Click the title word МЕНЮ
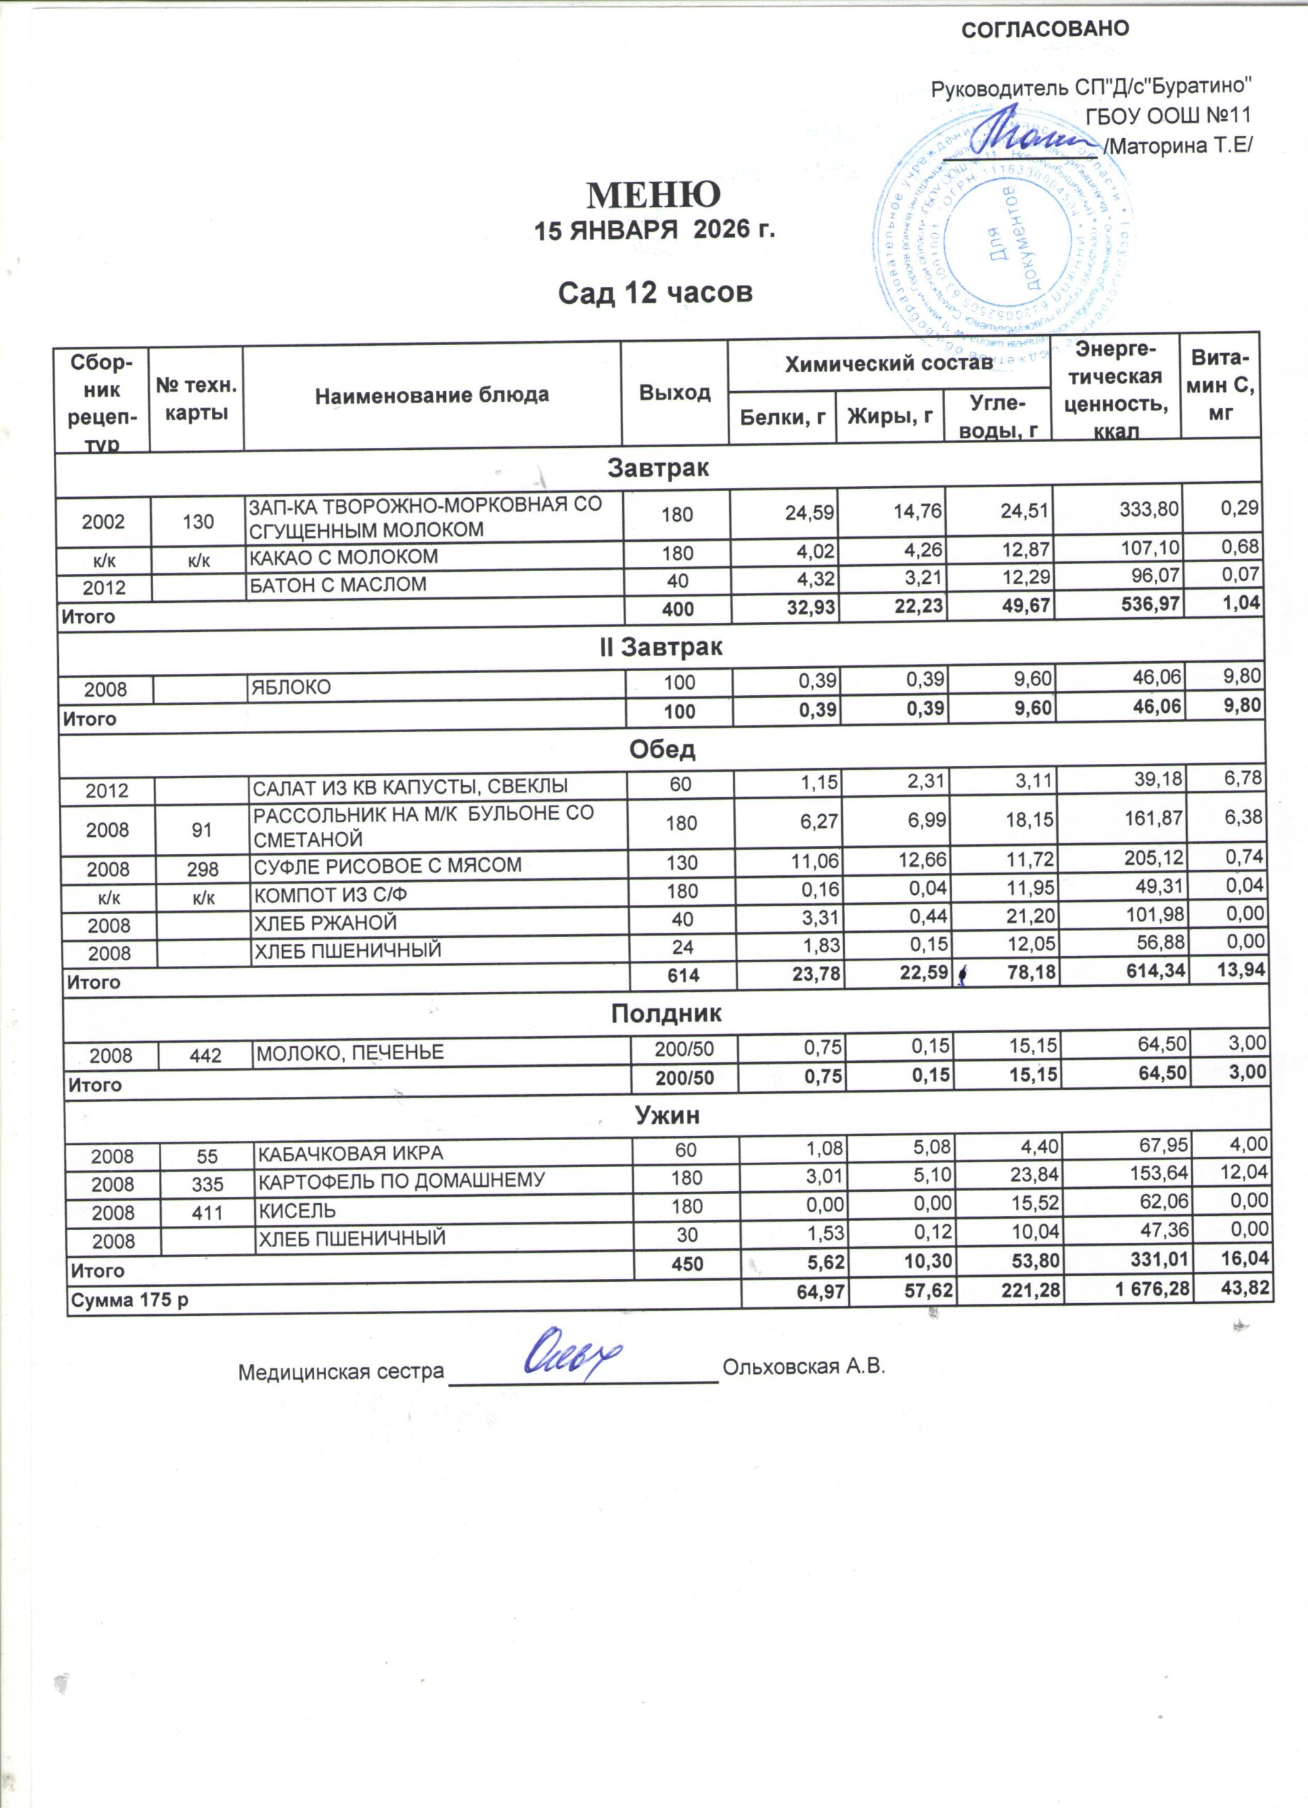coord(654,194)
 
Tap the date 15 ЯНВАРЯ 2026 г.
coord(655,231)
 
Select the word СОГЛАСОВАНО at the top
coord(1045,30)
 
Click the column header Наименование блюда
coord(432,394)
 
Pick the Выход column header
coord(675,392)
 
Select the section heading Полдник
coord(666,1014)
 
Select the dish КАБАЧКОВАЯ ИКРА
coord(348,1153)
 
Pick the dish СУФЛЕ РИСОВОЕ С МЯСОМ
coord(387,865)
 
